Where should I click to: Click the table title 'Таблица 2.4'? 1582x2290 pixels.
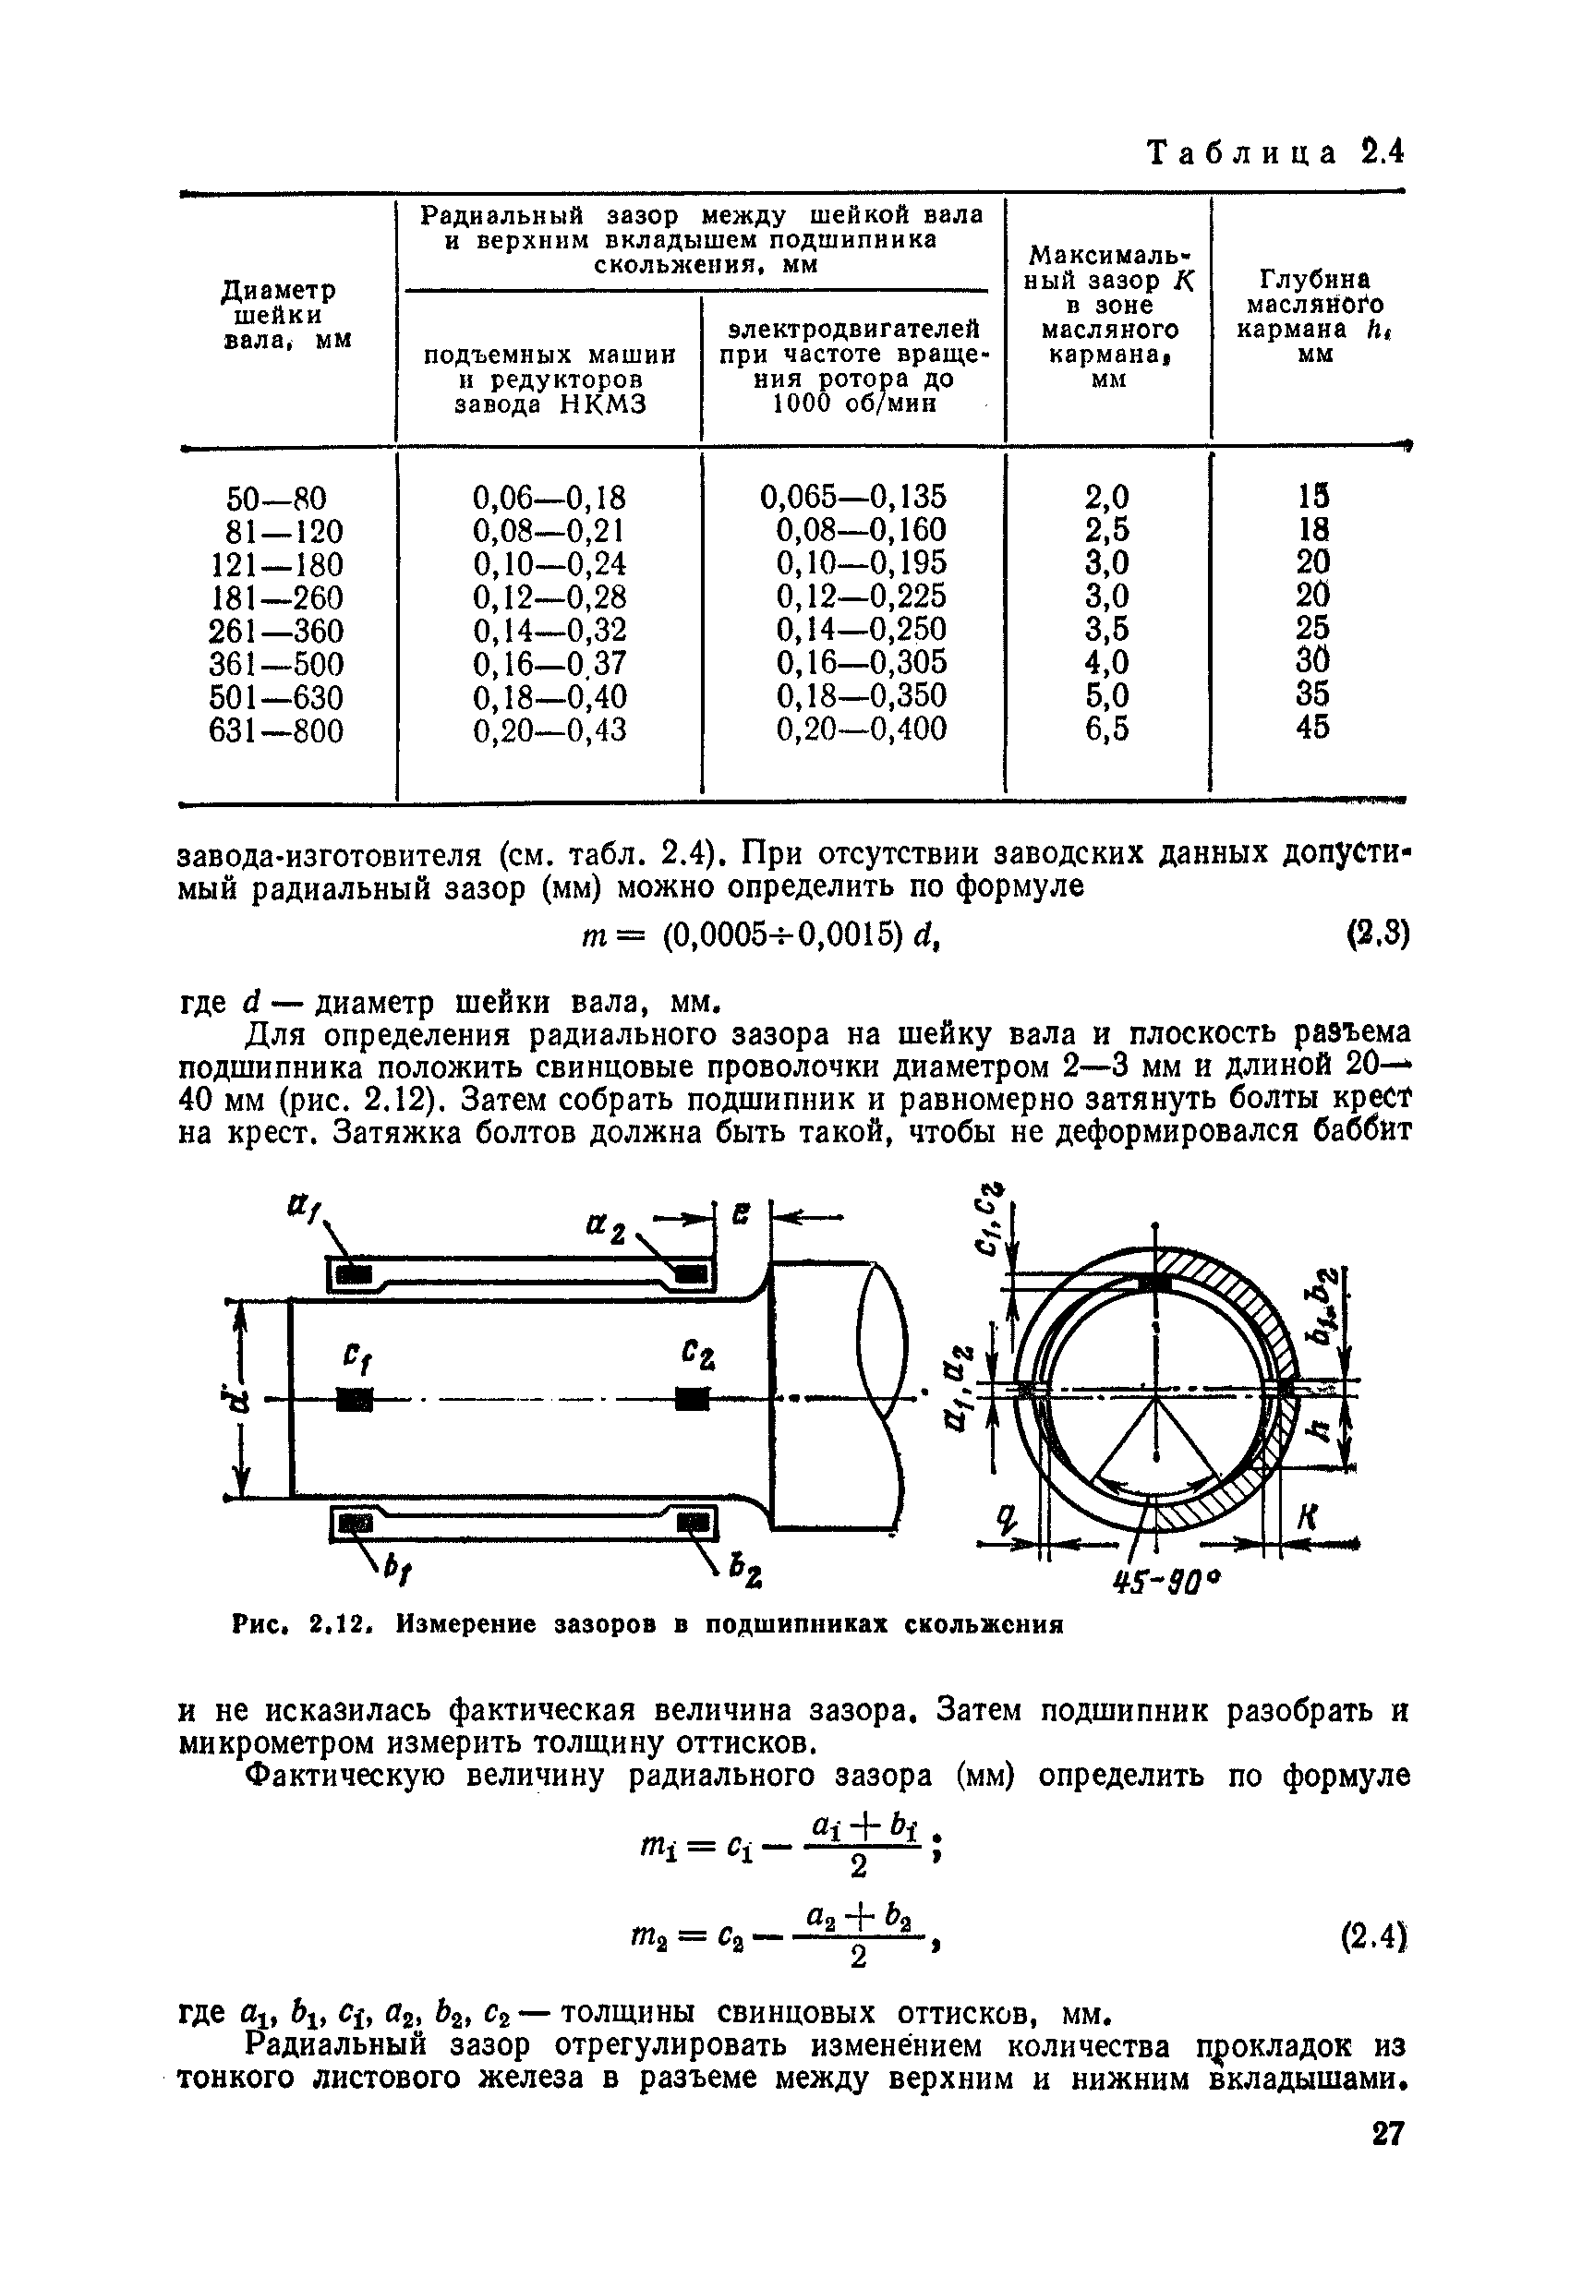tap(1274, 153)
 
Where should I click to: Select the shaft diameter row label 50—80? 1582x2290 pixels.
tap(276, 498)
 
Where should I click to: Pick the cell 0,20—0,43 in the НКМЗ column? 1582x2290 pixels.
tap(549, 730)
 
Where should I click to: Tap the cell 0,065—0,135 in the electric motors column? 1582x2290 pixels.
tap(852, 496)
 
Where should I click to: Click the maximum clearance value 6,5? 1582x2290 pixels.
tap(1107, 729)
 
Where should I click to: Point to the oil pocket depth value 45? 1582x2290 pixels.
tap(1311, 728)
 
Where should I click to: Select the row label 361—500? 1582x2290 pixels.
tap(276, 664)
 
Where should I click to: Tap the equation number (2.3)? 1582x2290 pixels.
tap(1377, 934)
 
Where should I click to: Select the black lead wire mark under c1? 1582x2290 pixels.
tap(354, 1399)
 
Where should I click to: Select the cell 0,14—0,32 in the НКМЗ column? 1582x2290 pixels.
tap(549, 631)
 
